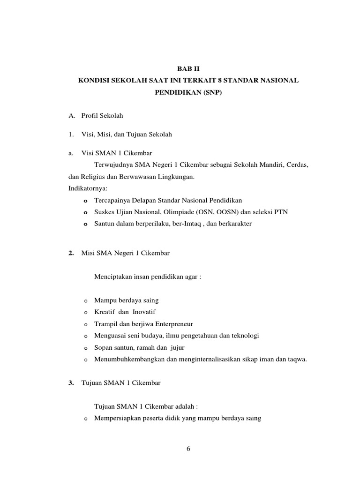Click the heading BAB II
[x=188, y=68]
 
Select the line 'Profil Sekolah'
[x=102, y=115]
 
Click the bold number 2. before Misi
[x=71, y=253]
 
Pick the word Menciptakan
[x=113, y=277]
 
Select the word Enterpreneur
[x=170, y=324]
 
